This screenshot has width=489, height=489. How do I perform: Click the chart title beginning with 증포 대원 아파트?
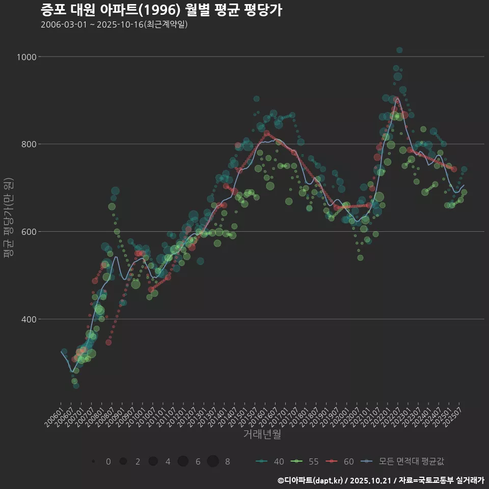(161, 10)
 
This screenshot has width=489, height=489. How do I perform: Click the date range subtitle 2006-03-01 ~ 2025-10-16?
(114, 24)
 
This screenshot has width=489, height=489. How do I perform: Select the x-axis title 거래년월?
(262, 434)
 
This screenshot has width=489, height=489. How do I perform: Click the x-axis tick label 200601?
(54, 414)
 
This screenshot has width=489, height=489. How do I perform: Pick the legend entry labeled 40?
(270, 461)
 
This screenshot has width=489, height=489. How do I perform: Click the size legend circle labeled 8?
(213, 461)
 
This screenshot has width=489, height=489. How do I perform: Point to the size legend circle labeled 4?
(153, 461)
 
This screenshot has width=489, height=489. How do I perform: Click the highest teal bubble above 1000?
(399, 50)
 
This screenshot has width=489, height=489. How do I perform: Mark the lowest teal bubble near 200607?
(76, 386)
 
